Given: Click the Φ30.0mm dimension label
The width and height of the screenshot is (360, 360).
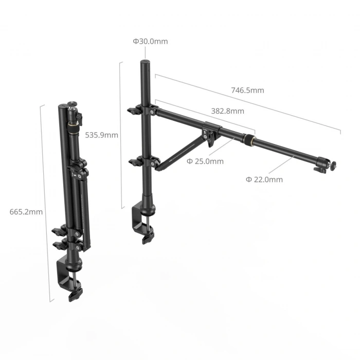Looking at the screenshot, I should click(x=150, y=41).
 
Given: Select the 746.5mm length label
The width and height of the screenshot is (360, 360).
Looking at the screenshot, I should click(x=247, y=90).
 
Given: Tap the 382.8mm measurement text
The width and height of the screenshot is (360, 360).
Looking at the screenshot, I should click(x=227, y=111).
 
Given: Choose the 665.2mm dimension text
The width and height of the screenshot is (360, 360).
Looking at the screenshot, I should click(x=26, y=211).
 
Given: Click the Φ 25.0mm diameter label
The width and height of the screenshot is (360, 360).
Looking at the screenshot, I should click(x=205, y=161).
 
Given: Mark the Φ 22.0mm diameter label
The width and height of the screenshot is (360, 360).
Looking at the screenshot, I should click(x=264, y=179).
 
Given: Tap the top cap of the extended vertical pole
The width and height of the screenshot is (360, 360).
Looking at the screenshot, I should click(x=145, y=63).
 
